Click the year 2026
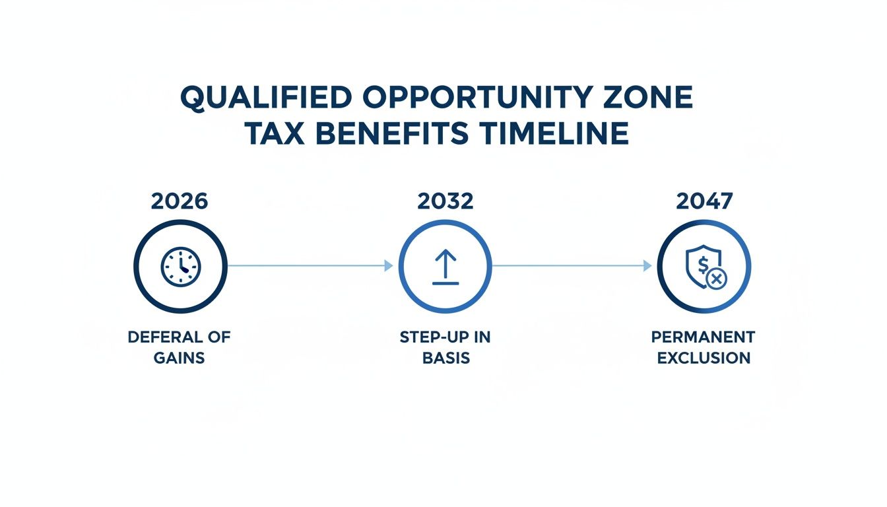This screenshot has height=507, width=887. coord(180,201)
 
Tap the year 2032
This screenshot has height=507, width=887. coord(445,201)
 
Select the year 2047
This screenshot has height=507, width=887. coord(704,201)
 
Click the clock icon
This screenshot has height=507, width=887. coord(181,266)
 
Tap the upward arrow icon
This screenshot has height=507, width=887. coord(445,266)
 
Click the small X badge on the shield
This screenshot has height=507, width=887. coord(715,280)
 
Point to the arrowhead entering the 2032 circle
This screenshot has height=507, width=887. coord(389,265)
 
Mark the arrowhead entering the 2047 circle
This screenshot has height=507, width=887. coord(647,265)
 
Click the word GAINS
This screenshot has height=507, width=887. coord(180,358)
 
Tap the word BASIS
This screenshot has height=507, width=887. coord(445,358)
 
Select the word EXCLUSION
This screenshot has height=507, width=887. coord(703,358)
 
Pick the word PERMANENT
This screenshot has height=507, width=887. coord(703,337)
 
